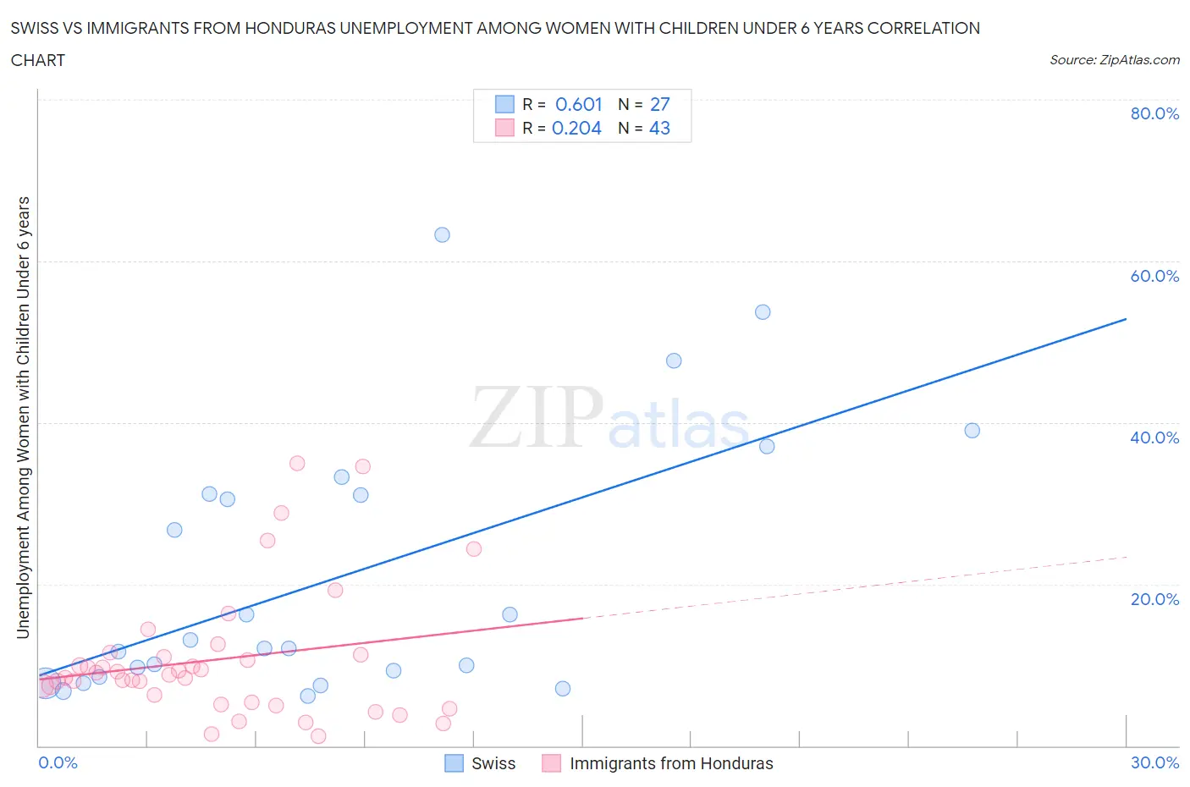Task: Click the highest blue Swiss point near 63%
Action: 442,235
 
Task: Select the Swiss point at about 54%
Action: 763,312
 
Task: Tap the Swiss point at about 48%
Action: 674,360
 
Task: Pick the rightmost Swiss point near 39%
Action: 972,431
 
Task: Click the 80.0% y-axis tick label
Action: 1154,113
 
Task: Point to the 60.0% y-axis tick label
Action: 1154,276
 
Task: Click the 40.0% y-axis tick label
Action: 1154,438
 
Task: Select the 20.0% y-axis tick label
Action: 1154,599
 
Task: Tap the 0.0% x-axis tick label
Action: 58,762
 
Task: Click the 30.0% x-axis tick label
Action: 1154,762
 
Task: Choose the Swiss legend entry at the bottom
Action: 493,763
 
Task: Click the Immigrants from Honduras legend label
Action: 671,763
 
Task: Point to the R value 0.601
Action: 578,104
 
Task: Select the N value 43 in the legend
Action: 659,128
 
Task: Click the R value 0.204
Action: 576,128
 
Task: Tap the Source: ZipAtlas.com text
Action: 1114,59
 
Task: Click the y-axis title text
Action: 23,418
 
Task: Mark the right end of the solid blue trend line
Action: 1126,319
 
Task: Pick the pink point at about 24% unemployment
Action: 474,549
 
